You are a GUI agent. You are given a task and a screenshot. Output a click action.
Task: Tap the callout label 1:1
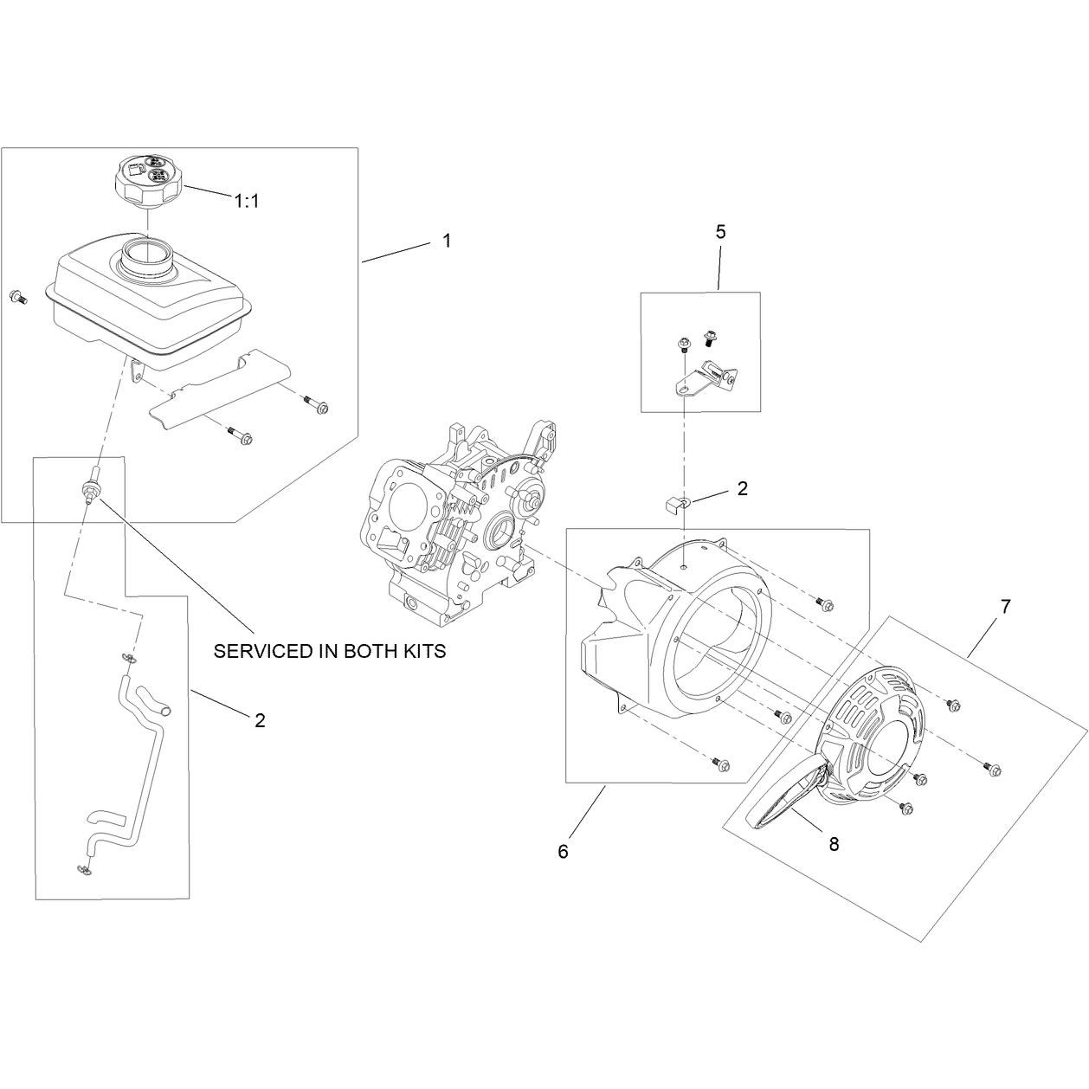[x=247, y=201]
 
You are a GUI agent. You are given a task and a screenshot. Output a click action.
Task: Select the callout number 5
[x=720, y=232]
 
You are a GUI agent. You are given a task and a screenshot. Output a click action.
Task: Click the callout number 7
[x=1005, y=607]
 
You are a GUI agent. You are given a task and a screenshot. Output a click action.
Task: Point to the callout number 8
[x=834, y=844]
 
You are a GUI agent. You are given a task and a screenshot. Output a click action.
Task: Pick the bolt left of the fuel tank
[x=18, y=297]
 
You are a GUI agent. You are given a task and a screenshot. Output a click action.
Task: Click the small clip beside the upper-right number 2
[x=676, y=501]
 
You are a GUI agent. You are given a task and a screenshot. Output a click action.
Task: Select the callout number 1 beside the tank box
[x=447, y=241]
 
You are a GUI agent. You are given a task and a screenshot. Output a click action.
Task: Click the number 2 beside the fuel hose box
[x=260, y=720]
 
